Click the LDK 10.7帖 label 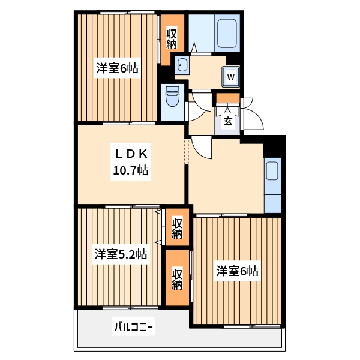[x=131, y=163]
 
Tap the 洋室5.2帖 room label [x=120, y=254]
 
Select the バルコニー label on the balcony [x=134, y=328]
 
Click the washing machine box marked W [x=230, y=76]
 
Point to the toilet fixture [x=172, y=97]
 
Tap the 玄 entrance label [x=228, y=121]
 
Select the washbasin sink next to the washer [x=182, y=65]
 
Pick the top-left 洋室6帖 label [x=118, y=68]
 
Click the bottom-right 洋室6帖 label [x=238, y=271]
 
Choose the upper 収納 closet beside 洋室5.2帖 [x=177, y=228]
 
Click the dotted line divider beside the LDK [x=187, y=151]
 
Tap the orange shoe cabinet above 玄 [x=228, y=98]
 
